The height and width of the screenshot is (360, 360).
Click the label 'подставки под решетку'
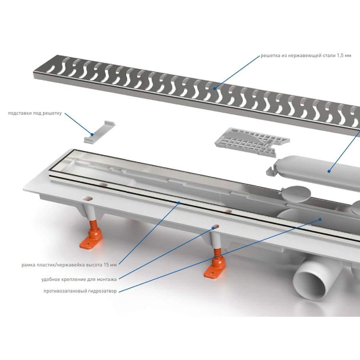click(35, 113)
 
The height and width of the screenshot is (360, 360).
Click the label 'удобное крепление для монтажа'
click(79, 279)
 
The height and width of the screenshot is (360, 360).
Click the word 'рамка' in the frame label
click(29, 264)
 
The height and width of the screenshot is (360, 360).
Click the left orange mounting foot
click(90, 242)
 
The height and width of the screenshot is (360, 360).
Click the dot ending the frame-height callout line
click(179, 202)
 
